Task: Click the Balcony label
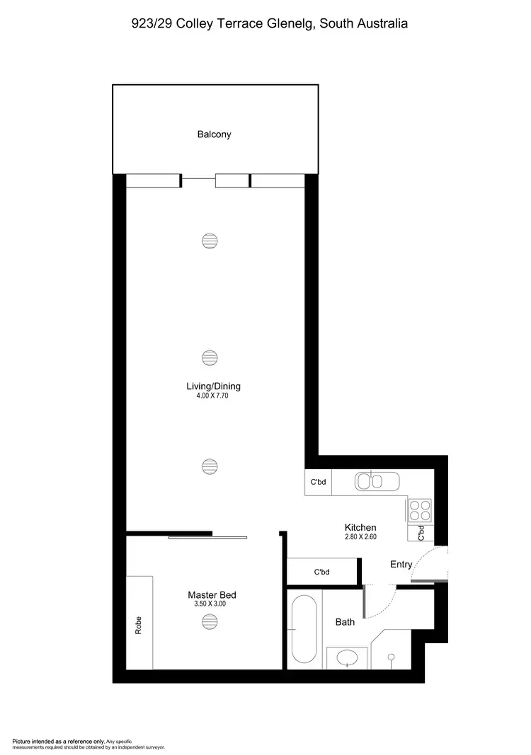click(214, 134)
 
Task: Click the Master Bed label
click(207, 595)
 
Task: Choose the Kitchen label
click(360, 527)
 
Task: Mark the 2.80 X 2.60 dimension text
click(360, 537)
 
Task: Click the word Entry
click(401, 564)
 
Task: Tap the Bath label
click(345, 622)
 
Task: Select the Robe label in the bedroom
click(139, 623)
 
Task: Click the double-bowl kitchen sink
click(370, 482)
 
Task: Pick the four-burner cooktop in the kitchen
click(418, 510)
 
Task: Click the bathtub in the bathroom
click(304, 630)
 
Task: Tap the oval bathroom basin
click(347, 659)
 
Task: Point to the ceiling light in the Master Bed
click(208, 621)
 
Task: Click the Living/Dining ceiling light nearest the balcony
click(208, 241)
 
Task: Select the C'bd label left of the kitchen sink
click(317, 483)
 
